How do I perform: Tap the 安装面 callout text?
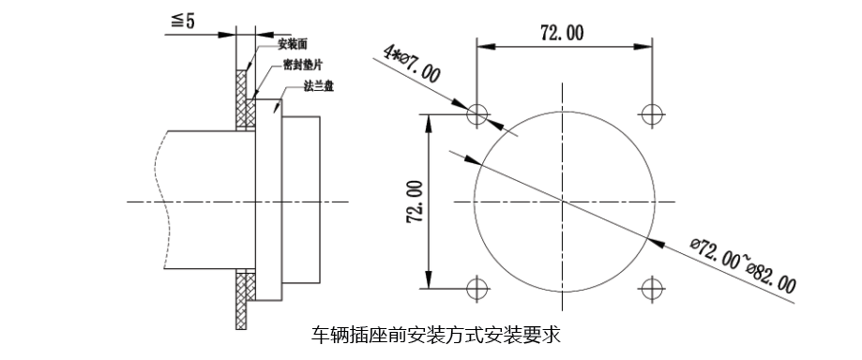295,44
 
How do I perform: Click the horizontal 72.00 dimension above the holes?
562,34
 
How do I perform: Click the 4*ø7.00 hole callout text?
412,66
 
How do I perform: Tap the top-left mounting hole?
477,113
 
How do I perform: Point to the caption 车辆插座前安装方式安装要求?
435,335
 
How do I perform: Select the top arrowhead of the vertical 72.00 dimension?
430,119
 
